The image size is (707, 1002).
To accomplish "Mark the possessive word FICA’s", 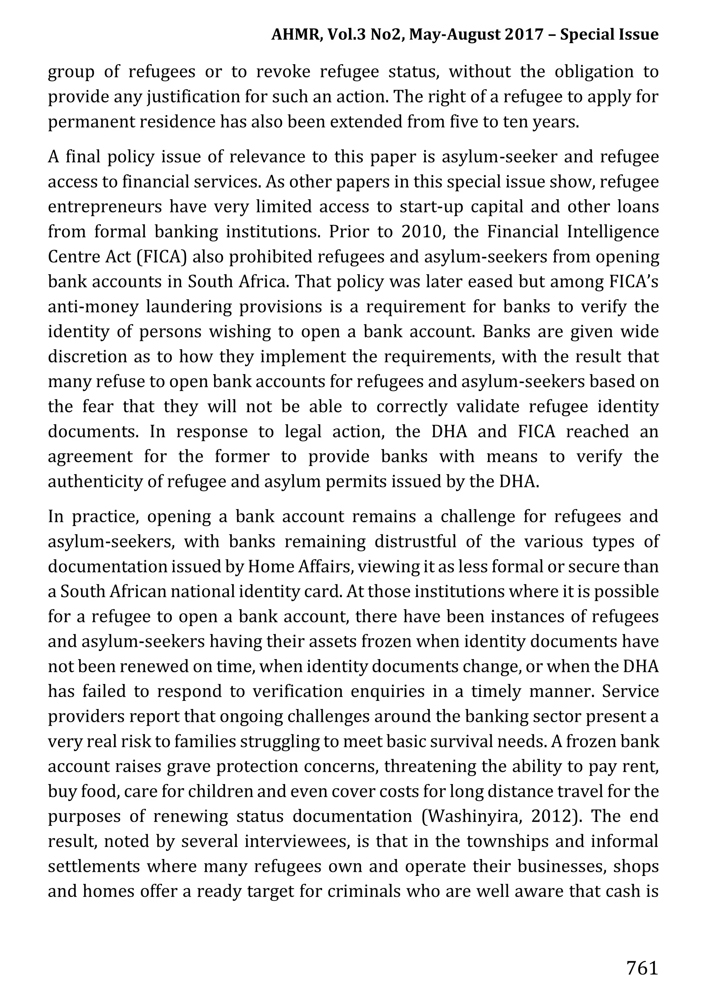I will [x=633, y=281].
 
